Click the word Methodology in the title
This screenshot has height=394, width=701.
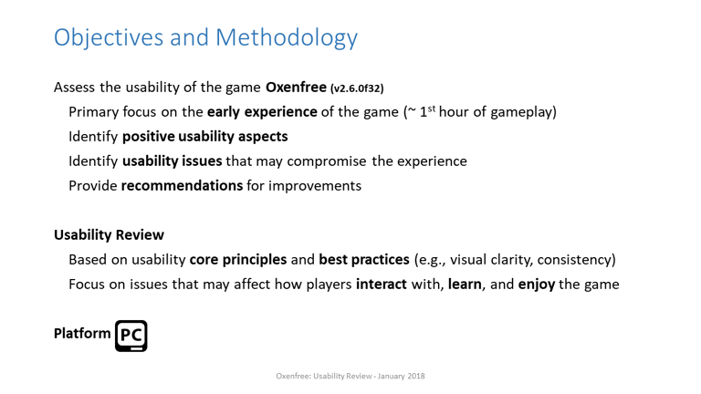(287, 37)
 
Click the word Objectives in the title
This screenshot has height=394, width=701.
(109, 37)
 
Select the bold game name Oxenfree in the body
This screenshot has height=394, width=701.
(296, 87)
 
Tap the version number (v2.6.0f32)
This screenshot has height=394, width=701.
(357, 88)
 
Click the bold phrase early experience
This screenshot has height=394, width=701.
(262, 111)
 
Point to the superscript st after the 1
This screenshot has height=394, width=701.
(432, 108)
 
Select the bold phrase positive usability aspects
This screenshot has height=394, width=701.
(205, 136)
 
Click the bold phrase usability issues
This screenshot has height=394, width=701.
(173, 161)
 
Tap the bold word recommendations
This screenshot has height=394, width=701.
(182, 185)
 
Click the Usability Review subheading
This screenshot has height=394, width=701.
(110, 235)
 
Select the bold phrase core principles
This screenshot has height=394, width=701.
(238, 260)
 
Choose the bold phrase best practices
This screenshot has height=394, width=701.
(364, 260)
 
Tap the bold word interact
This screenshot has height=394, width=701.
(382, 285)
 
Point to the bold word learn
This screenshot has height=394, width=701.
(465, 285)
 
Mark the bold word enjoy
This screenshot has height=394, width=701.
(537, 285)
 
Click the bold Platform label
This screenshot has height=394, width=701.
(82, 333)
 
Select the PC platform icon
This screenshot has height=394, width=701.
(131, 336)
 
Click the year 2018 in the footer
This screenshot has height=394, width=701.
(416, 376)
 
